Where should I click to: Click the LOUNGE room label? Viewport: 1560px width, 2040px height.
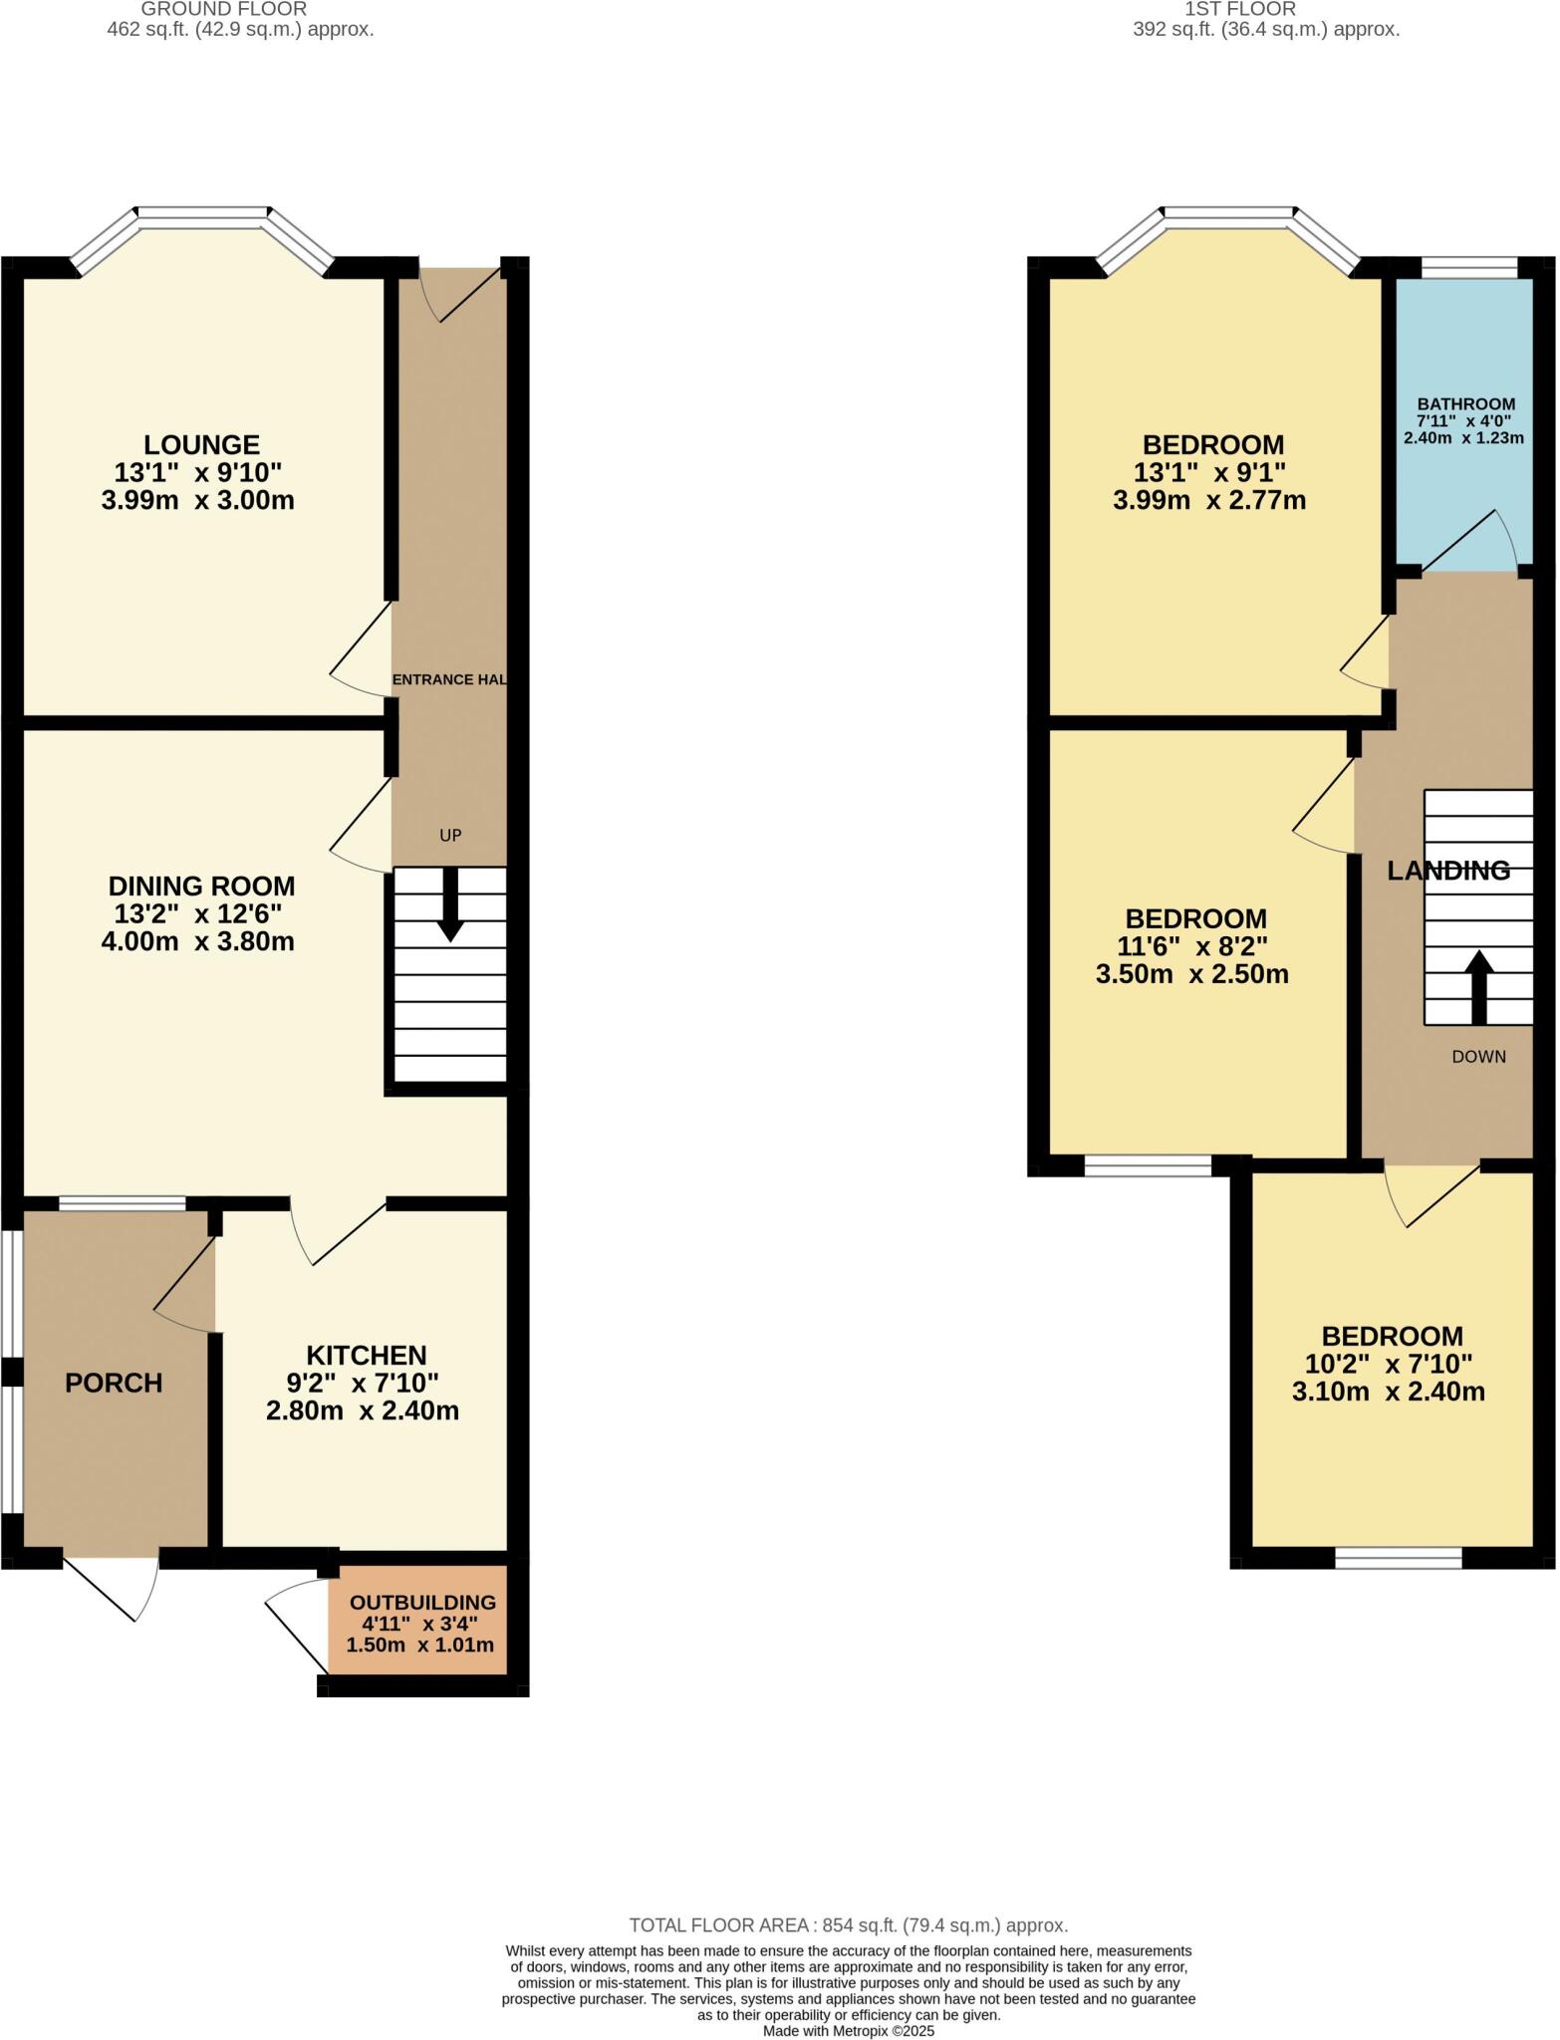pos(201,444)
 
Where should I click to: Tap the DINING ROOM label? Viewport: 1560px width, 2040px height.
pos(201,886)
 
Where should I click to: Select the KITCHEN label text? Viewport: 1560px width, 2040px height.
pos(366,1355)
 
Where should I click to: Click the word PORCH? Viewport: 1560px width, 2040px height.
pos(114,1383)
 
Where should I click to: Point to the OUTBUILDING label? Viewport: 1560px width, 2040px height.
pos(422,1603)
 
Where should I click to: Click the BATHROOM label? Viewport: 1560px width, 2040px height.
pos(1465,404)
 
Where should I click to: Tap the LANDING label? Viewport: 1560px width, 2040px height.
pos(1448,871)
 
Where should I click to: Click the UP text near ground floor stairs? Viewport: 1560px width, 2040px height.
pos(450,835)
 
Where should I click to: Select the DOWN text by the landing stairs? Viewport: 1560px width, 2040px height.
pos(1478,1057)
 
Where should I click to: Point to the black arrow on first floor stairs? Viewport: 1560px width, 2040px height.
pos(1478,986)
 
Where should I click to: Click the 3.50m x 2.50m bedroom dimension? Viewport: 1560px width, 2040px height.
pos(1191,974)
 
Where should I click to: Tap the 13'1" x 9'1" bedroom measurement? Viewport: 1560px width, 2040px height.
pos(1208,471)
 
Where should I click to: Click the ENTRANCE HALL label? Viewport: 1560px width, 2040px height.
pos(449,679)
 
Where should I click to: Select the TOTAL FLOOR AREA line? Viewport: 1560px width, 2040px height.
pos(848,1925)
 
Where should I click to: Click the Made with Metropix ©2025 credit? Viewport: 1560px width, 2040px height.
pos(848,2030)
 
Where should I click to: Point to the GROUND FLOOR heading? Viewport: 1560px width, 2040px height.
pos(223,9)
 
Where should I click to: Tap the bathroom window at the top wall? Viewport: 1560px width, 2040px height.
pos(1468,267)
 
